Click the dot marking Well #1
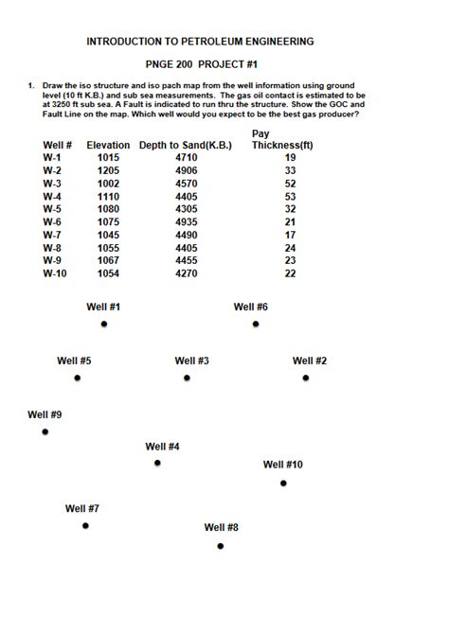tap(104, 325)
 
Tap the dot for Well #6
tap(256, 325)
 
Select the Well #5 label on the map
tap(74, 360)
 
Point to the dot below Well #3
tap(187, 378)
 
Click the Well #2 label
tap(310, 360)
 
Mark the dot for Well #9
tap(45, 431)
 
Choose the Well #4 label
tap(162, 446)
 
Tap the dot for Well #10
tap(283, 484)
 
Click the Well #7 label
tap(82, 508)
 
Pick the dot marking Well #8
tap(221, 546)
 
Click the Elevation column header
tap(108, 145)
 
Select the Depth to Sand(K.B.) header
tap(186, 145)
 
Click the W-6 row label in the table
tap(52, 221)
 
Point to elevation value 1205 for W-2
tap(109, 170)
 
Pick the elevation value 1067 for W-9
tap(109, 260)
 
